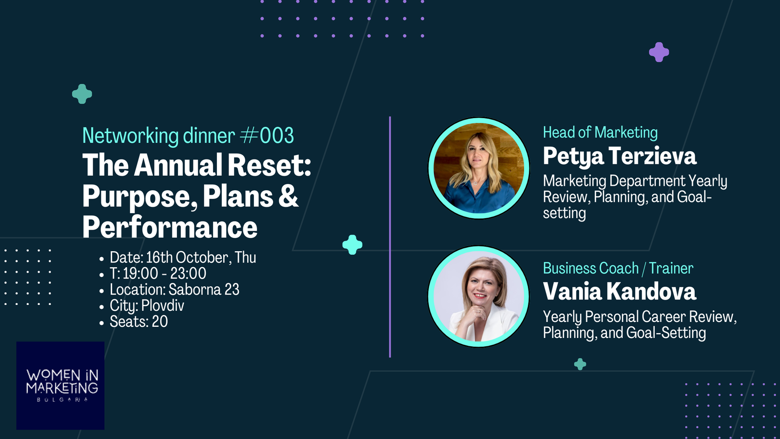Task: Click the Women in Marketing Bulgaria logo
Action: [60, 385]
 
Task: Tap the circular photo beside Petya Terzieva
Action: [479, 168]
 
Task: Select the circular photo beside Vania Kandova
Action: [478, 297]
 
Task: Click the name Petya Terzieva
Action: [620, 156]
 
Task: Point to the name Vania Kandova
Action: [620, 291]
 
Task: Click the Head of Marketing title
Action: [600, 132]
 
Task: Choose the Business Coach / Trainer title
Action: [618, 268]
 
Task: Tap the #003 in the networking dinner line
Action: [267, 135]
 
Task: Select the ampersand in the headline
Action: [289, 196]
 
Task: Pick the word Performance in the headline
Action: [170, 227]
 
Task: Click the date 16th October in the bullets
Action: [187, 258]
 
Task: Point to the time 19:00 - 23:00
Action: [164, 274]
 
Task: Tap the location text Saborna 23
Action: [204, 290]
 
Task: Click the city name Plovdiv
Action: [163, 306]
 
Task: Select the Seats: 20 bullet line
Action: [138, 321]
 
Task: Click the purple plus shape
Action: [659, 52]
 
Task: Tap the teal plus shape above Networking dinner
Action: [82, 94]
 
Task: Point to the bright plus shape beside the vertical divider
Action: [352, 244]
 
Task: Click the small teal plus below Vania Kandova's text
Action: [580, 364]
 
